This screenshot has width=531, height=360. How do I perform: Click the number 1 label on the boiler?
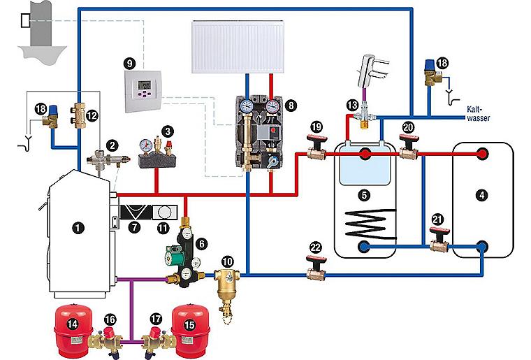(x=78, y=226)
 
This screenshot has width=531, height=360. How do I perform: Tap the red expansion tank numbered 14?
(x=72, y=326)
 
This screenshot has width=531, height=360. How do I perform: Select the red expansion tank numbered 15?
(x=190, y=326)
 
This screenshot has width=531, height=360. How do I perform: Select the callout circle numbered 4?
(x=482, y=195)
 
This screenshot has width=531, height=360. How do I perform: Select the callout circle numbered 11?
(x=163, y=227)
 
